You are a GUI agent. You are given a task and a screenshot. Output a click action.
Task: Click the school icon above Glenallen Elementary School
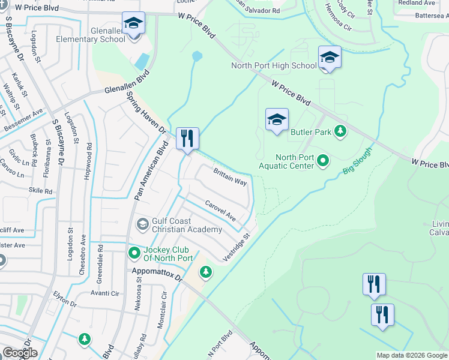133,24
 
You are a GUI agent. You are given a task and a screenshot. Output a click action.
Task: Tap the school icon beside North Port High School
330,58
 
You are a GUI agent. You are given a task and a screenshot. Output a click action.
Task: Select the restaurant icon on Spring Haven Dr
187,139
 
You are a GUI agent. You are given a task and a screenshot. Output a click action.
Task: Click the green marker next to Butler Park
340,131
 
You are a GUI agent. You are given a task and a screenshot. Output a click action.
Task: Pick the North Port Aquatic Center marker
323,160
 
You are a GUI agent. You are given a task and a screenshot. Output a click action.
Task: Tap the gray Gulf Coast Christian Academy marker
143,224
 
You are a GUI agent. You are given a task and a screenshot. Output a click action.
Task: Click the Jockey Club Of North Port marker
134,253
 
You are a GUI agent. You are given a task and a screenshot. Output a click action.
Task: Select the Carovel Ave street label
220,211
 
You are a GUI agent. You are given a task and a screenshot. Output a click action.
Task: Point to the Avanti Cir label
105,293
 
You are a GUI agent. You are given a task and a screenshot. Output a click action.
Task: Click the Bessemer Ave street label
23,119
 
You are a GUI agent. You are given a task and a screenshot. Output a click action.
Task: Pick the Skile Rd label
40,191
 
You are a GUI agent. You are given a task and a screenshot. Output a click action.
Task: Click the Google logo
20,353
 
